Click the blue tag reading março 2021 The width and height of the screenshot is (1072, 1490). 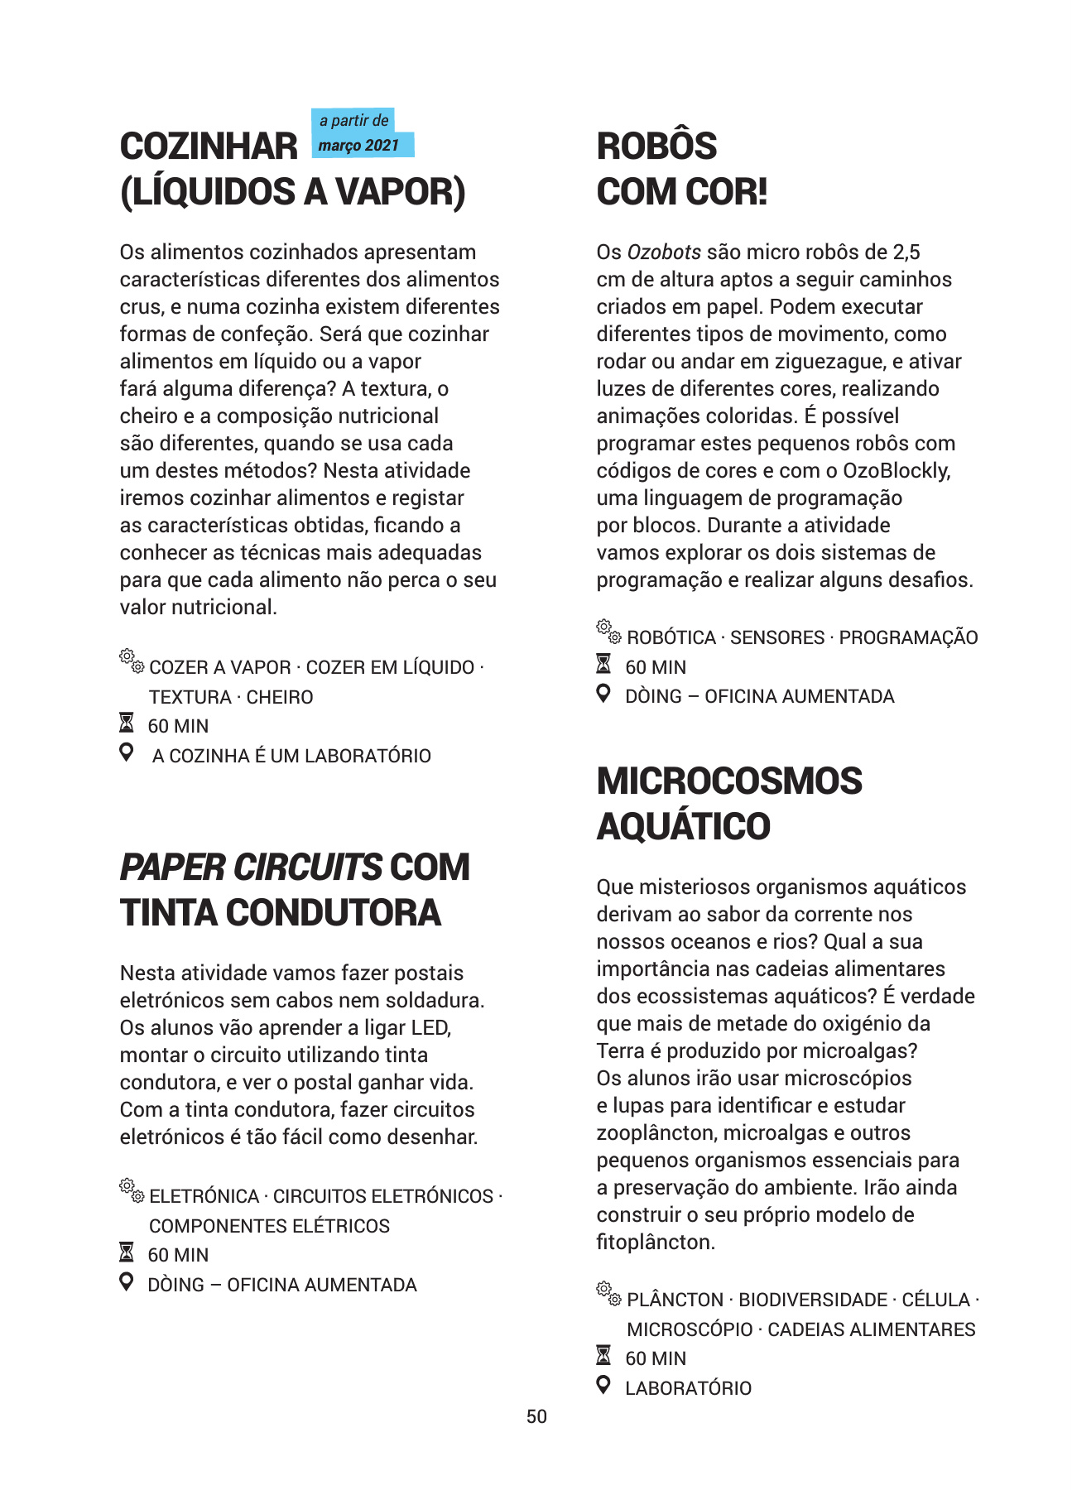click(x=360, y=145)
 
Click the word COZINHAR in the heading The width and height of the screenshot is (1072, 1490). click(x=209, y=147)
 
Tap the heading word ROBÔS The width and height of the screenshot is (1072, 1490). click(x=656, y=147)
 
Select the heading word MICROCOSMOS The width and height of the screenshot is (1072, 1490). click(x=729, y=781)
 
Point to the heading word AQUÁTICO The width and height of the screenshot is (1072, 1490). click(x=683, y=826)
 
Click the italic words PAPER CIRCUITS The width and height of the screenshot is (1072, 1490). click(x=251, y=868)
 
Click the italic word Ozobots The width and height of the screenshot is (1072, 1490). click(x=664, y=252)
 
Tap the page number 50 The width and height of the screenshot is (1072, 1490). click(x=536, y=1416)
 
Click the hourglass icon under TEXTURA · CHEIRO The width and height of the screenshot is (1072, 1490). click(x=126, y=723)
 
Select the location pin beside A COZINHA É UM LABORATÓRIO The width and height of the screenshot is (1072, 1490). click(x=126, y=752)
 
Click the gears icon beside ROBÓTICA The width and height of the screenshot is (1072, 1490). click(x=608, y=632)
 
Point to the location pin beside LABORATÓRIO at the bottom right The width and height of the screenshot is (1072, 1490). click(x=603, y=1384)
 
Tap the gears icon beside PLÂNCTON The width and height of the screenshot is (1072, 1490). click(x=608, y=1294)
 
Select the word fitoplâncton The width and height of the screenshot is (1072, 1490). click(x=654, y=1242)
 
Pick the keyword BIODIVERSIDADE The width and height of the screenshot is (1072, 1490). click(x=813, y=1300)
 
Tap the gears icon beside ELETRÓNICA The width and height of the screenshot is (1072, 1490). click(x=131, y=1190)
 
